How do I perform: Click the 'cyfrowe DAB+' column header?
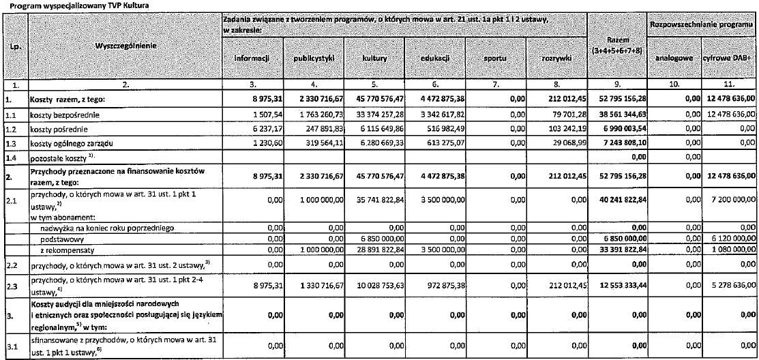pyautogui.click(x=729, y=59)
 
